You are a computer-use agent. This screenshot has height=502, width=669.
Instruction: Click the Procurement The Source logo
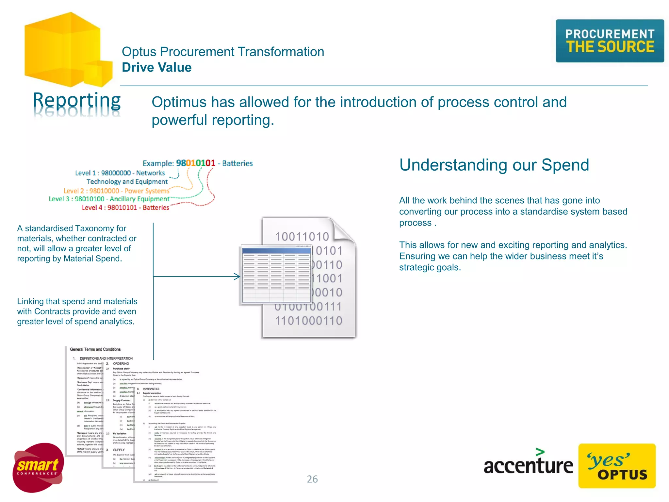click(x=610, y=41)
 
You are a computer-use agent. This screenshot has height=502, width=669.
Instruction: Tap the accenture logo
click(x=528, y=464)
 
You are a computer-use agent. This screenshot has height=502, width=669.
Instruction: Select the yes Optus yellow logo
click(x=617, y=466)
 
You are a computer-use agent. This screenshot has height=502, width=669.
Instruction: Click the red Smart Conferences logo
click(x=38, y=467)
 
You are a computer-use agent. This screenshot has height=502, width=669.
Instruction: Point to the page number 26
click(x=312, y=479)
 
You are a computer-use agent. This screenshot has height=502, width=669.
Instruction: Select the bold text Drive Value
click(x=157, y=67)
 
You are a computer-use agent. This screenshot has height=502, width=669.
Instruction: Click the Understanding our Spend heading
click(x=494, y=165)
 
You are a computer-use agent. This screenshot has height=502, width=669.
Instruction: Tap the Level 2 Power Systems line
click(x=117, y=191)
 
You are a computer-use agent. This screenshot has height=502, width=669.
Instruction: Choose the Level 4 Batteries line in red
click(x=125, y=208)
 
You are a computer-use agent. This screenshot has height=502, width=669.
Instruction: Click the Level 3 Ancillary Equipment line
click(x=109, y=199)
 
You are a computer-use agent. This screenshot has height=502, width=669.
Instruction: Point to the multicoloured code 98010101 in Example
click(x=196, y=163)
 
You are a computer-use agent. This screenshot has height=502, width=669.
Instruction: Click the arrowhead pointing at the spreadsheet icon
click(x=238, y=276)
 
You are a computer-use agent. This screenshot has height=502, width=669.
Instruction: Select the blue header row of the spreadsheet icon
click(x=276, y=250)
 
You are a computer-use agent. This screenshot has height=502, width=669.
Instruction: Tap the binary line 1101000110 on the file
click(x=308, y=321)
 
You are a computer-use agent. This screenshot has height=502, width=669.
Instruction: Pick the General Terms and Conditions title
click(x=95, y=349)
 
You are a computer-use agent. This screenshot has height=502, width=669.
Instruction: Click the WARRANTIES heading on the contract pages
click(x=151, y=389)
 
